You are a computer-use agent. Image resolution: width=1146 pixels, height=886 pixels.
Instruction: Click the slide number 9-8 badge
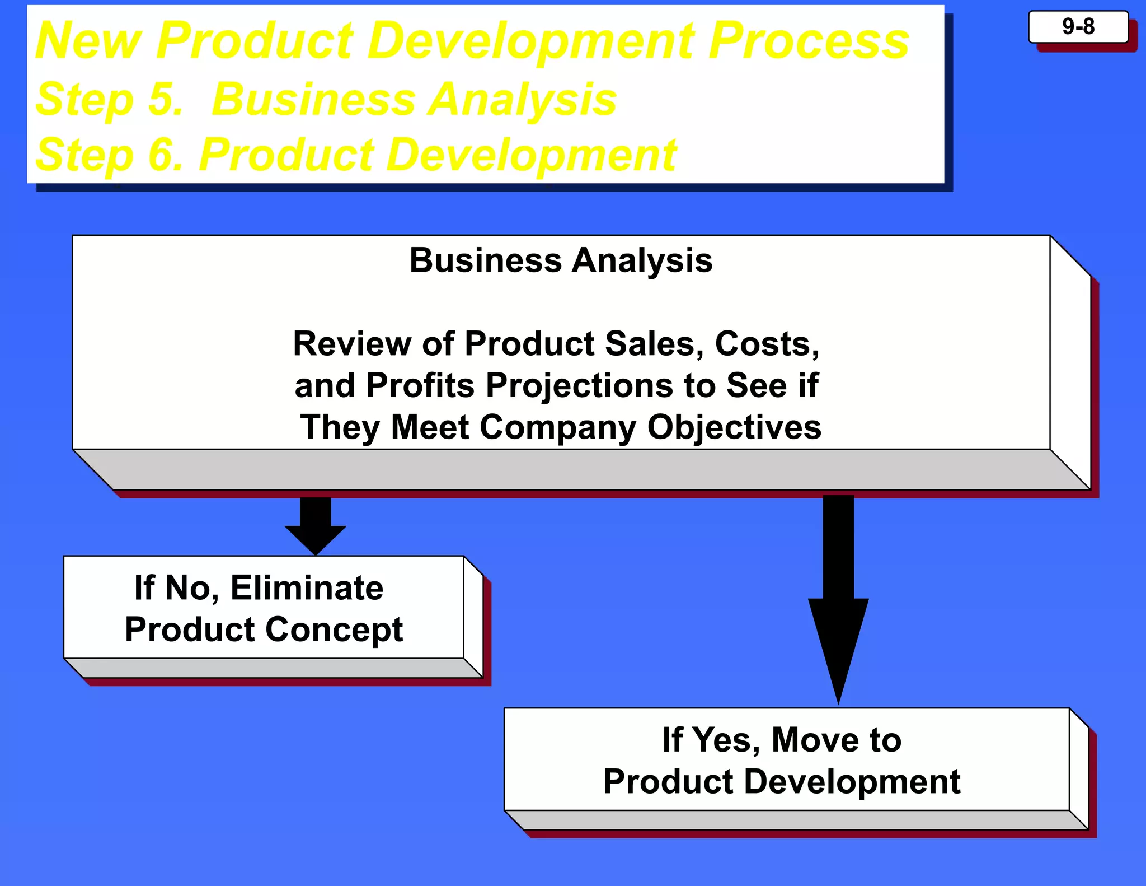[x=1078, y=27]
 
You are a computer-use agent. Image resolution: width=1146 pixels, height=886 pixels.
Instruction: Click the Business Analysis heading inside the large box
[x=561, y=261]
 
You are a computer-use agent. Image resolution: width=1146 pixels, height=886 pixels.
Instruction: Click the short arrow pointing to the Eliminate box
[x=315, y=525]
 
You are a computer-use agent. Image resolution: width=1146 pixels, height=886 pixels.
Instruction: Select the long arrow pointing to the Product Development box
[x=838, y=599]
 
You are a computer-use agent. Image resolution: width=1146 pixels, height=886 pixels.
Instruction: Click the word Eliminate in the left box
[x=307, y=588]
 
